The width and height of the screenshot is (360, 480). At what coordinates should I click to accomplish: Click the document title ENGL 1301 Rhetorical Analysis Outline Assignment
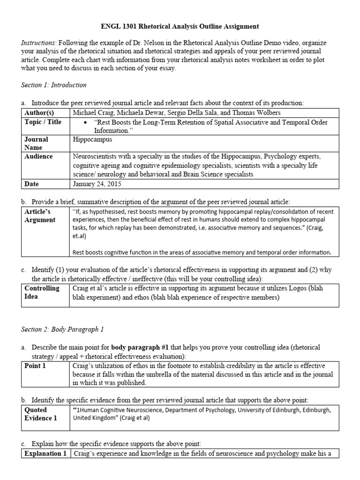(180, 26)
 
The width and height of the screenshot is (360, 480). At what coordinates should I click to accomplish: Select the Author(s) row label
(39, 112)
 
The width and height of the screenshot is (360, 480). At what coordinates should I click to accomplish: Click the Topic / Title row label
(43, 122)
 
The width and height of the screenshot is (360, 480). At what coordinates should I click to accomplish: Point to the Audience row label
(38, 157)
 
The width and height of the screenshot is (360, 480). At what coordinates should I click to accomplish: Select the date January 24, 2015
(97, 184)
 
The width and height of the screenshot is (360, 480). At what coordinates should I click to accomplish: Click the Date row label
(32, 184)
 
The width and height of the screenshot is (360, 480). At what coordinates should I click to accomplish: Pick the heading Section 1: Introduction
(54, 85)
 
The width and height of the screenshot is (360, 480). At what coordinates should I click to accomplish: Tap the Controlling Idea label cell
(42, 292)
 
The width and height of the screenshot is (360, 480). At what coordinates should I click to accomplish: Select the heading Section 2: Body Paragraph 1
(62, 330)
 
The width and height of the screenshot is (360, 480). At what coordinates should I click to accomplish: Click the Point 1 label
(35, 366)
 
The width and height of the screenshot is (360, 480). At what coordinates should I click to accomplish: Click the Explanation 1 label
(45, 454)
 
